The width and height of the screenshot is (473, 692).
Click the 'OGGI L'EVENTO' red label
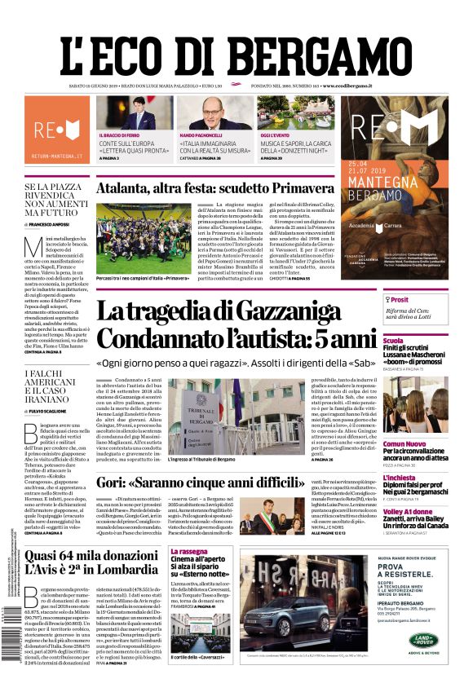pyautogui.click(x=276, y=134)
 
